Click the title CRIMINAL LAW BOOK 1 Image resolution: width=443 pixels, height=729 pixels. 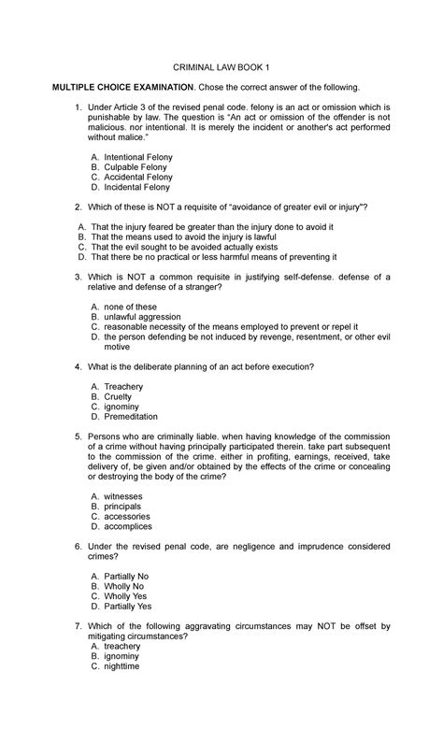coord(221,66)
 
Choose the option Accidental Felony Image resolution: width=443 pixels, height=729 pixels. coord(138,177)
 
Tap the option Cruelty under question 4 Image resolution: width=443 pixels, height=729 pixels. coord(119,396)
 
